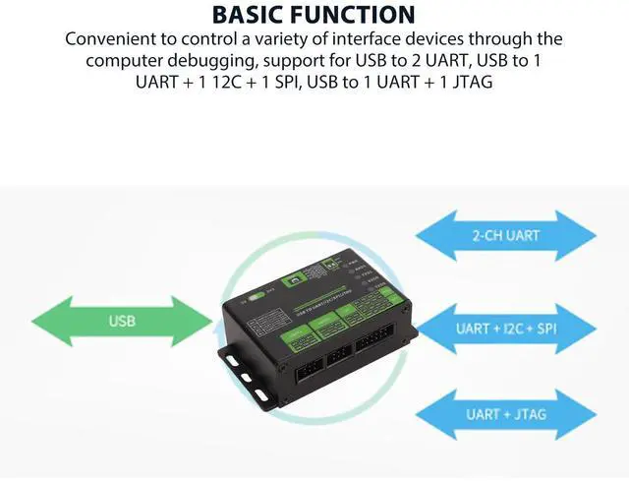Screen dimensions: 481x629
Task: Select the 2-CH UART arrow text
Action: pos(505,236)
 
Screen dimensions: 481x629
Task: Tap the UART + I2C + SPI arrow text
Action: pos(506,327)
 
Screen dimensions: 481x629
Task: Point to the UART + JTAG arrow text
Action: pos(505,414)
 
